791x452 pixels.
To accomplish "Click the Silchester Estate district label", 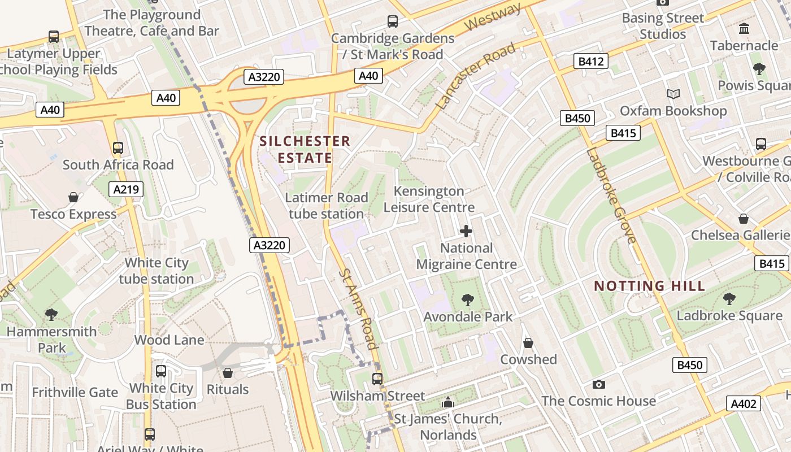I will [x=305, y=149].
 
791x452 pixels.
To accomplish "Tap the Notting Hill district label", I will [x=650, y=286].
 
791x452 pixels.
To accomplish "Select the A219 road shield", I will [x=126, y=189].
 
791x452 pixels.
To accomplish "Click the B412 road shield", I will [x=591, y=61].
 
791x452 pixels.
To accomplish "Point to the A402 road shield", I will [x=744, y=403].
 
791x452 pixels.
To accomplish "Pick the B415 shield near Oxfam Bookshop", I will [x=623, y=133].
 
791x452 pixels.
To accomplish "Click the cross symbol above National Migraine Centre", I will [x=466, y=231].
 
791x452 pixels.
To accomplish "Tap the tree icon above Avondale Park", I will [x=467, y=300].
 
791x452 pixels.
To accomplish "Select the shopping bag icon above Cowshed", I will [x=528, y=343].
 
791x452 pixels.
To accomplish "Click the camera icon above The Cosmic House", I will [x=598, y=385].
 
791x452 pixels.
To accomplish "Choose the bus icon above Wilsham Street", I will [x=377, y=379].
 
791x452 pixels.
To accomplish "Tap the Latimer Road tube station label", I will [x=327, y=206].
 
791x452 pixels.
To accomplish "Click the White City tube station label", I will [x=156, y=271].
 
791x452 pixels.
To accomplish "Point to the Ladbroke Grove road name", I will [x=611, y=195].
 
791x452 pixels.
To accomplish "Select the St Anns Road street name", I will [x=358, y=308].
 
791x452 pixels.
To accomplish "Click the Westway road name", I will [x=493, y=18].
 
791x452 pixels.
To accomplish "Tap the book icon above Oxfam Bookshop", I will [x=673, y=94].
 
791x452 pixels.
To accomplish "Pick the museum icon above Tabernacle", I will [x=744, y=28].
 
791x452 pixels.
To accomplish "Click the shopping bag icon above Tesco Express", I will [x=73, y=197].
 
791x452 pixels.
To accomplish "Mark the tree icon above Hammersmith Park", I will [x=51, y=314].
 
